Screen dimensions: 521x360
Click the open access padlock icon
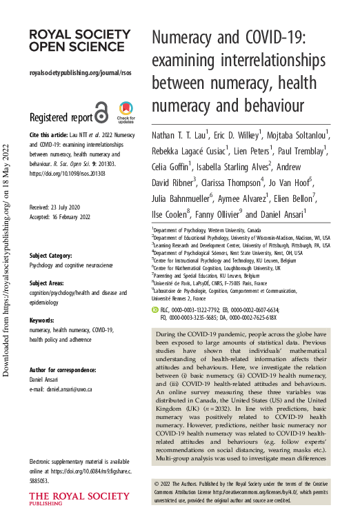[101, 112]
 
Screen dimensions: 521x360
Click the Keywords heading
[42, 320]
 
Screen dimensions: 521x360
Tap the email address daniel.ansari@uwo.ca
[71, 389]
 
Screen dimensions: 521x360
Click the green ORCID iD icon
[155, 311]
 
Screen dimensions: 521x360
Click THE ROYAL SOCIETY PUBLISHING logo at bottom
[69, 500]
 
